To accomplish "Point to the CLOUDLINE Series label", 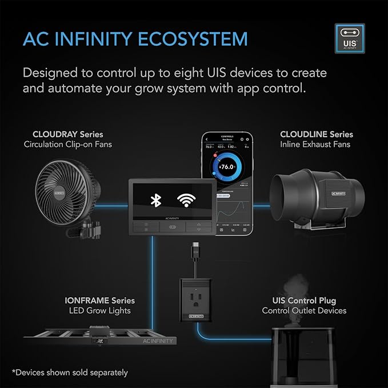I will click(x=316, y=134).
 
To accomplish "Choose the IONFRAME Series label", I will click(x=100, y=301).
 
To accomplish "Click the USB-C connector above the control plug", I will click(x=195, y=251).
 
